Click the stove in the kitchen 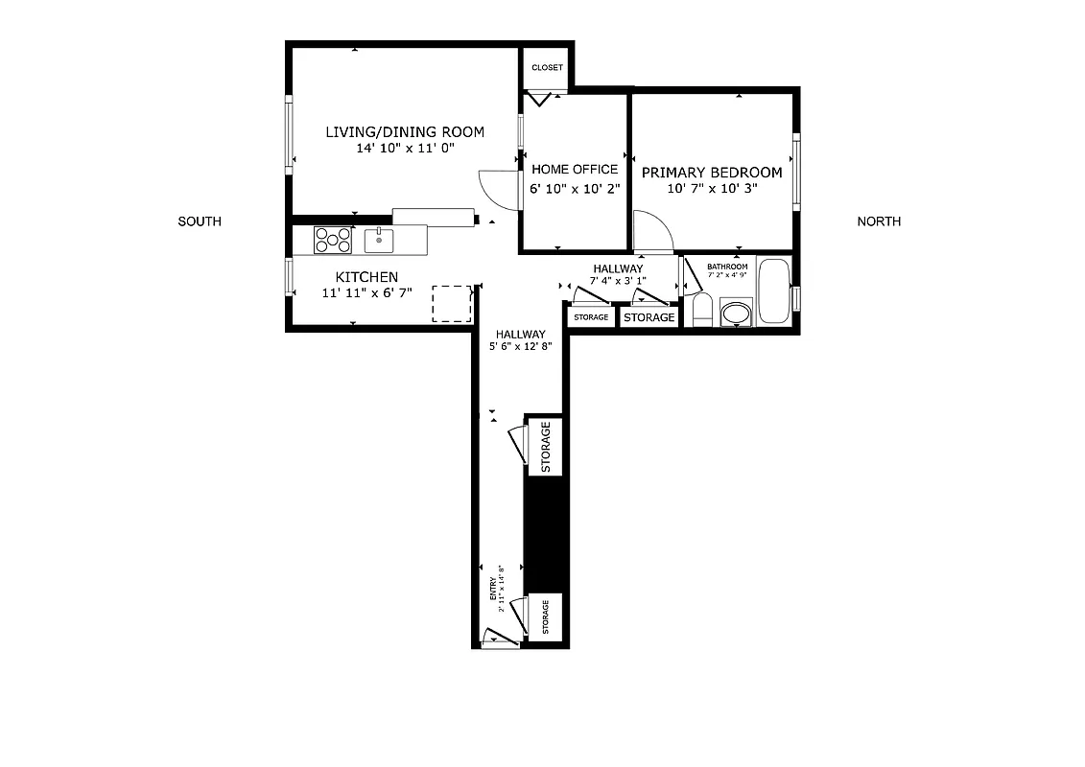333,240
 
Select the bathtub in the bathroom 773,291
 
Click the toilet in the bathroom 701,310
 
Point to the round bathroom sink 736,313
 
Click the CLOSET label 547,67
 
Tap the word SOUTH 200,221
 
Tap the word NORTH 879,221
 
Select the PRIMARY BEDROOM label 712,173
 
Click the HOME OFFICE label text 575,170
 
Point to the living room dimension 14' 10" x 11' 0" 404,149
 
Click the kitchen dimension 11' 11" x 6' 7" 366,291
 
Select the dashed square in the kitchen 452,303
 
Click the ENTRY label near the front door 493,588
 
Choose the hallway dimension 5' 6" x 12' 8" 521,347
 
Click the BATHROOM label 727,267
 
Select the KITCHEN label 366,277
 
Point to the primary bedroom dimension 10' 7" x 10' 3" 712,189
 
